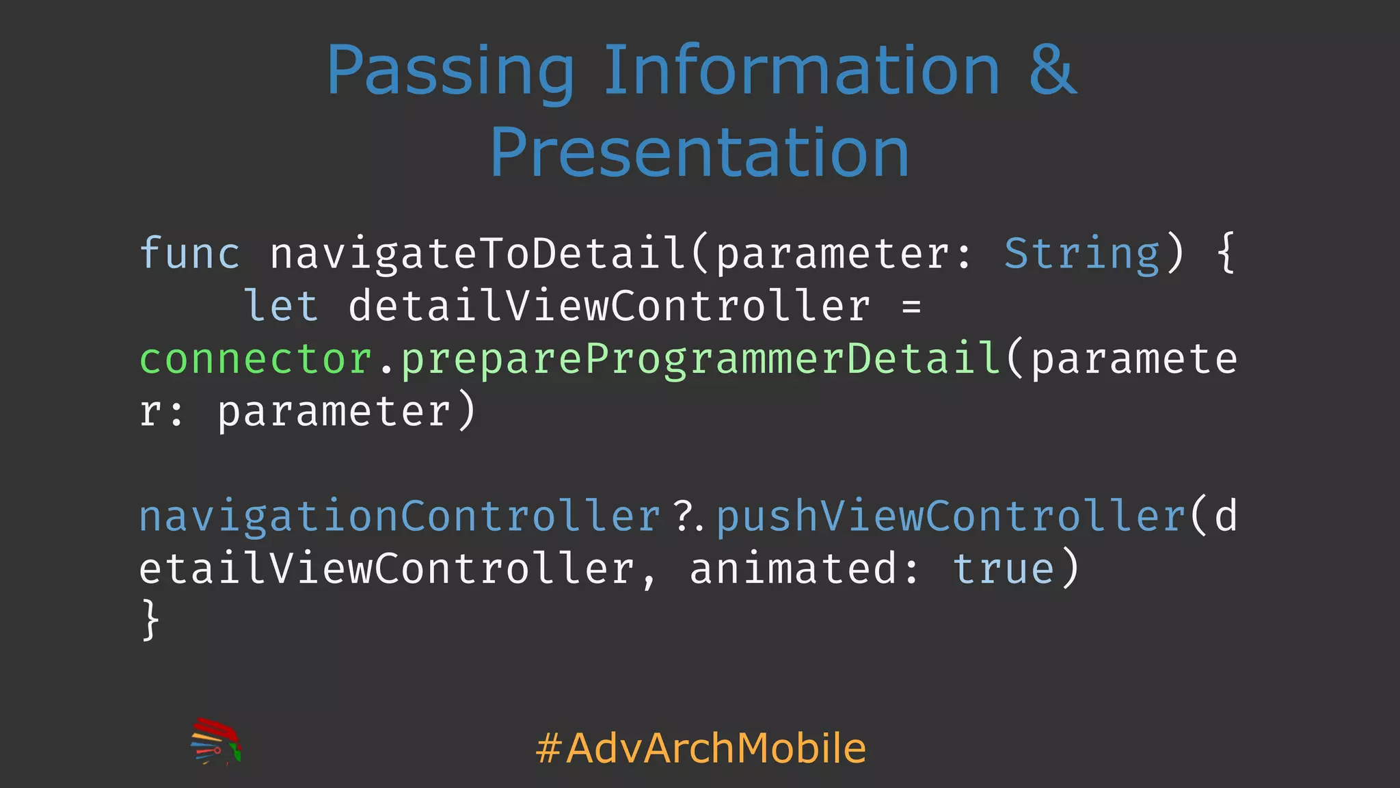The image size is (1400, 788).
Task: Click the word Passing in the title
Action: (450, 72)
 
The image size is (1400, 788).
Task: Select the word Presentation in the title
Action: (699, 153)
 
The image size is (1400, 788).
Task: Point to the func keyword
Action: (189, 253)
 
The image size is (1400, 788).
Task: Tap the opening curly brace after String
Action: (1226, 254)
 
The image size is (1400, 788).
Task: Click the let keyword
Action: (281, 306)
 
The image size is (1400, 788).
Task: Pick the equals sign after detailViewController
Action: (911, 306)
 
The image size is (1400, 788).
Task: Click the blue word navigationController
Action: (399, 516)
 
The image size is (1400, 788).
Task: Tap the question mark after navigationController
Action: (683, 516)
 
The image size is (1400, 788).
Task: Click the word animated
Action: (793, 569)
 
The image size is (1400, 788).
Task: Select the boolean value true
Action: (1004, 569)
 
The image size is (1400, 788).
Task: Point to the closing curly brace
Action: (150, 620)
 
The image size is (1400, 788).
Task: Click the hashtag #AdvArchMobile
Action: (701, 748)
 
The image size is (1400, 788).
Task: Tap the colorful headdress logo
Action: (215, 741)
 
